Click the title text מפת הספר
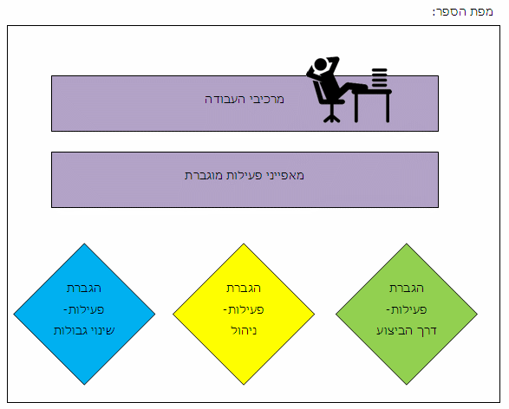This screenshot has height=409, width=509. click(x=463, y=12)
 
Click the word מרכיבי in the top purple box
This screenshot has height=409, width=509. click(x=266, y=100)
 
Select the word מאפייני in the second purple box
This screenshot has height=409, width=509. click(x=284, y=175)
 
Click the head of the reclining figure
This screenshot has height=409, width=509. click(x=320, y=64)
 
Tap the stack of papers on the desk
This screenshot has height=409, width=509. click(x=379, y=78)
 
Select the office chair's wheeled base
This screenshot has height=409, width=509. click(x=331, y=117)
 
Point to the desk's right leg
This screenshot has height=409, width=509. click(x=388, y=107)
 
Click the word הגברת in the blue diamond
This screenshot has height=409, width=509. click(x=84, y=289)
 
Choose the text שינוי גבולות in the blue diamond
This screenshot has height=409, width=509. click(x=84, y=330)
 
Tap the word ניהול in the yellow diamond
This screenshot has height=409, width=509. click(x=244, y=330)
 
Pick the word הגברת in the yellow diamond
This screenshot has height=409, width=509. click(x=244, y=289)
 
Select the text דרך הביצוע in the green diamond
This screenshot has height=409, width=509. click(x=407, y=330)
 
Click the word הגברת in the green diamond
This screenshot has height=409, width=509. click(x=407, y=289)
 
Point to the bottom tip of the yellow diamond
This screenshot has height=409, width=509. click(x=244, y=385)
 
